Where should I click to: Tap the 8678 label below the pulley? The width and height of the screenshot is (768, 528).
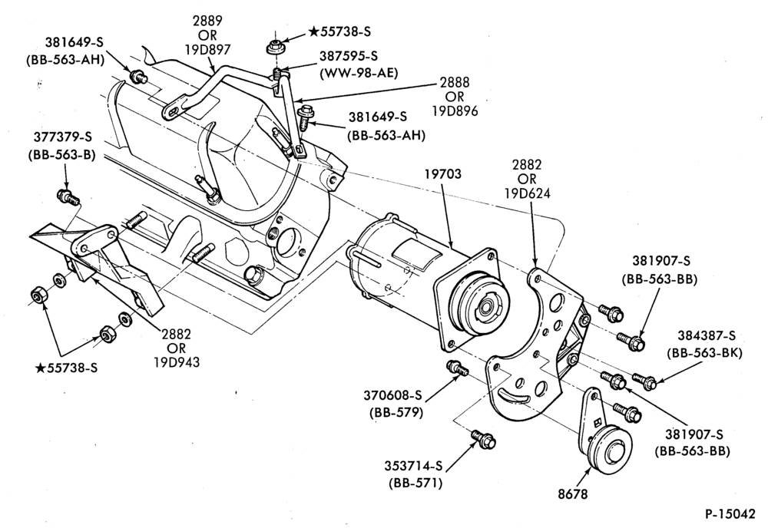[x=572, y=494]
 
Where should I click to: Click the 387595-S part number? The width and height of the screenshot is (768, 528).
[x=349, y=56]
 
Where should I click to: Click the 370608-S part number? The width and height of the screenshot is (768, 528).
[x=392, y=394]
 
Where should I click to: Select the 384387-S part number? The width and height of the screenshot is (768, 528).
[x=707, y=335]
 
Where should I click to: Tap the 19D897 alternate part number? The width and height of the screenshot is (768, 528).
[x=207, y=49]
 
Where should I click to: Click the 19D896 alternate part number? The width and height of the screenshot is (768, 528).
[x=455, y=111]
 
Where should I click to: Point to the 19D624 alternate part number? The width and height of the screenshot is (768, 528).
[x=528, y=193]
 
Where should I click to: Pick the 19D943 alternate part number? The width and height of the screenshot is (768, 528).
[x=177, y=362]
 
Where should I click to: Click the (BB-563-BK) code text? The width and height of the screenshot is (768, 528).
[x=705, y=353]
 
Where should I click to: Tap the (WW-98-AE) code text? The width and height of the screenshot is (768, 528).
[x=358, y=74]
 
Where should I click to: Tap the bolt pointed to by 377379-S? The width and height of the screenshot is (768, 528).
[x=68, y=196]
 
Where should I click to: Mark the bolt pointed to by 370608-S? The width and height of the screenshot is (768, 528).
[x=457, y=368]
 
